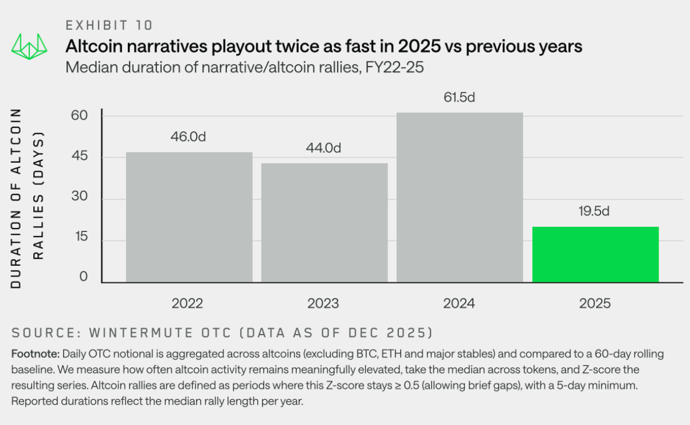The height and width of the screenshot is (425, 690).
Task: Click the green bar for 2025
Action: point(595,254)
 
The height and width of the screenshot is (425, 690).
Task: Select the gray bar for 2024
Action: point(460,198)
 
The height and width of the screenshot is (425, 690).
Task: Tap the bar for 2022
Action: point(189,217)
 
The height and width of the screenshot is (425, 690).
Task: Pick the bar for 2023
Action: point(324,223)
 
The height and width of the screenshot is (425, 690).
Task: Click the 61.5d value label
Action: point(460,97)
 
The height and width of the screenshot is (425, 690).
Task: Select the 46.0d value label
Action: point(189,137)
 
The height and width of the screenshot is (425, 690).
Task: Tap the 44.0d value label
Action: point(324,148)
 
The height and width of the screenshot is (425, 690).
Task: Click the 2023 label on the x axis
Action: point(323,304)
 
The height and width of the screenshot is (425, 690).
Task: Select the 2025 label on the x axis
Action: point(594,304)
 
